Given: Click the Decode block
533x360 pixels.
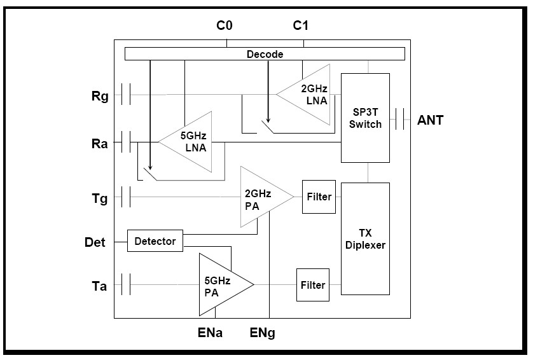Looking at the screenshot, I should click(265, 54).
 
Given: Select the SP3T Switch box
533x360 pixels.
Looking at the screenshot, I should click(365, 118).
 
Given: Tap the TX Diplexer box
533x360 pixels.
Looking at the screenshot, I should click(366, 239).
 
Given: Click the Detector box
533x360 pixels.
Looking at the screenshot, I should click(155, 241).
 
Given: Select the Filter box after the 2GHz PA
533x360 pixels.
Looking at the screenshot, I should click(319, 197).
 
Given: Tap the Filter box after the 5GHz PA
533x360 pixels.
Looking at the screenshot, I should click(312, 285).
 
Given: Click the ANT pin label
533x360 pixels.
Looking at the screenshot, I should click(431, 119).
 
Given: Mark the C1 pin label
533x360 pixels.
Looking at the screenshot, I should click(301, 26).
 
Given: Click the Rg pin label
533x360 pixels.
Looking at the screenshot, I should click(100, 97).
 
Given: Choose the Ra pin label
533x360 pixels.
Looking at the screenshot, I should click(100, 143).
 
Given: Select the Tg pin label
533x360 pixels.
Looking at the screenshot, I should click(100, 199).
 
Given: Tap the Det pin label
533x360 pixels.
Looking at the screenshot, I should click(96, 242).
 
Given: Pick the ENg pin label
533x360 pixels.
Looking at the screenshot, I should click(263, 331).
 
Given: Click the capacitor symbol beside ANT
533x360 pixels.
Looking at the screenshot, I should click(401, 118).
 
